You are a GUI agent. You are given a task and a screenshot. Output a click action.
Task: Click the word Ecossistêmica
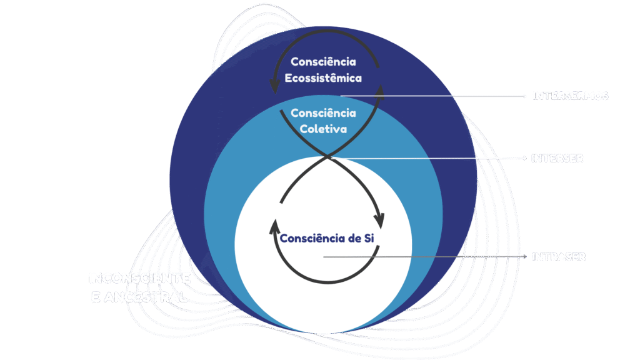323,78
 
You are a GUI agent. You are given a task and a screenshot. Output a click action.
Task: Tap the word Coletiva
323,129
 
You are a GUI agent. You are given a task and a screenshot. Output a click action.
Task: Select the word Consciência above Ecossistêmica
323,62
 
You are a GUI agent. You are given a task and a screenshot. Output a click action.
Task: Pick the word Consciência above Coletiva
323,113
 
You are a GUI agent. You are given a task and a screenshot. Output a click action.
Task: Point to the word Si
367,239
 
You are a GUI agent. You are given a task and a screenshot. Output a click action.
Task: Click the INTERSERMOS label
570,96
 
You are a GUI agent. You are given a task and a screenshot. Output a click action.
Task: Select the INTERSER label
557,159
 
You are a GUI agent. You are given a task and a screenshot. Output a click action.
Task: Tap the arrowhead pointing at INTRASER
525,257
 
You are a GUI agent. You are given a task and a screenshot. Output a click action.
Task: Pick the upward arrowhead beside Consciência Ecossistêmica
379,91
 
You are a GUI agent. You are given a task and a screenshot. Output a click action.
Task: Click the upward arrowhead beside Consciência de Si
274,225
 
